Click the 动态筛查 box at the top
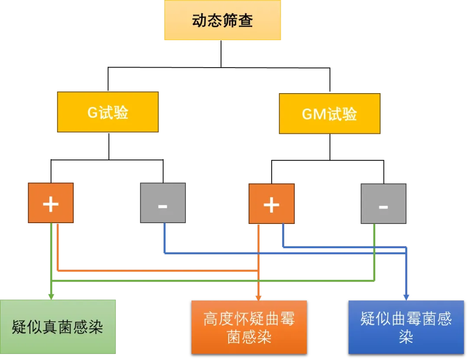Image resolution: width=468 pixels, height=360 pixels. pos(223,20)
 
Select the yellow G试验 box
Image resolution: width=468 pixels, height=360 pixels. pos(107,112)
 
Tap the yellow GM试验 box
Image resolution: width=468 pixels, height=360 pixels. pos(329,114)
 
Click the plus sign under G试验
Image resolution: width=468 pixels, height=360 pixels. pos(51,204)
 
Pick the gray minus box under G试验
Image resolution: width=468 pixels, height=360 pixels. pos(163,203)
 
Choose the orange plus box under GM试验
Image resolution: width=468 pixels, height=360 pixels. pos(271,204)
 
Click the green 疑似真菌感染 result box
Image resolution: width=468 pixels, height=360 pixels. pos(58,327)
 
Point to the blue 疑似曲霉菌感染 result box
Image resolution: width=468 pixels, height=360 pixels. pos(406,328)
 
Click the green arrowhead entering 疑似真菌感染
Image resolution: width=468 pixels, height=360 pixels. pos(51,296)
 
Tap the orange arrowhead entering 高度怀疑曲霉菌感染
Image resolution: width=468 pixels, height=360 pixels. pos(258,297)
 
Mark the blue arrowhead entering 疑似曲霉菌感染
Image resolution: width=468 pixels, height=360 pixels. pos(406,297)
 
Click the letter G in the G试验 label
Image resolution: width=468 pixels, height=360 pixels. pos(92,113)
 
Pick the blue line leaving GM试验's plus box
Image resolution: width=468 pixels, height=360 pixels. pos(283,236)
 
